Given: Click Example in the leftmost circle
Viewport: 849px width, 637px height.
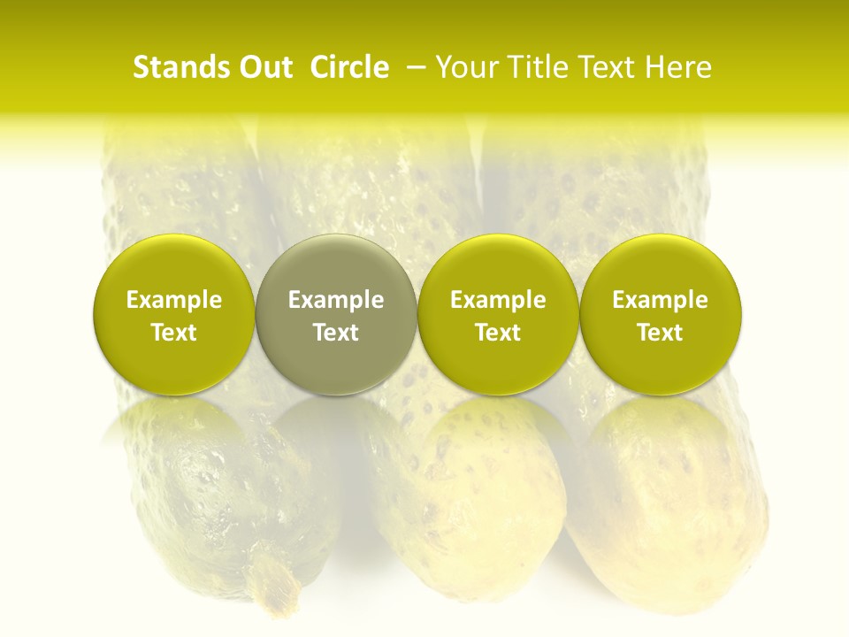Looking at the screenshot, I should pos(174,300).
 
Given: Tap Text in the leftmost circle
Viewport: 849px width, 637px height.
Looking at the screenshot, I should pos(174,333).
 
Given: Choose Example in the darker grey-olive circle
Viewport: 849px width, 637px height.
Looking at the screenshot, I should pos(336,300).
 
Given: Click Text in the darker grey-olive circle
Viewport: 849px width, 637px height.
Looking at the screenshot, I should pos(336,333).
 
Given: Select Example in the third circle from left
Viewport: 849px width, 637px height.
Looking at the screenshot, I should pos(498,300).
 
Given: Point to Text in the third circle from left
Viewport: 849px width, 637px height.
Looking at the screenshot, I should pos(498,333).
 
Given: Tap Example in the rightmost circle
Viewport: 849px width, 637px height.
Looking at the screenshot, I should pos(661,300).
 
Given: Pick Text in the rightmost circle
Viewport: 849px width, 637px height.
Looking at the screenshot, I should pos(661,333).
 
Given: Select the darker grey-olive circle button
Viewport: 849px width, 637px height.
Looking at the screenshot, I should pos(336,265).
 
